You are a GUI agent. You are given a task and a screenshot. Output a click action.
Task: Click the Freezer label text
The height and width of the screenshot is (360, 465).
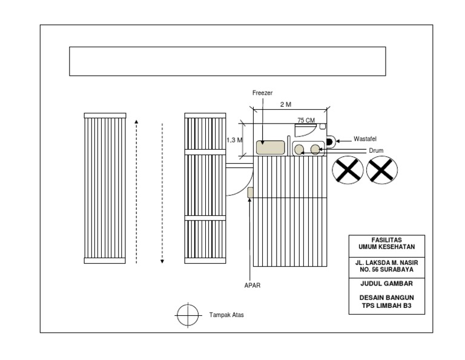pyautogui.click(x=262, y=93)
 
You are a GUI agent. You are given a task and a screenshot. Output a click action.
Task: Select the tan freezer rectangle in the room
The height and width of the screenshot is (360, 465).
pyautogui.click(x=271, y=147)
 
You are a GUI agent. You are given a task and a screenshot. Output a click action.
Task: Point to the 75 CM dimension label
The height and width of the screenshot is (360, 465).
pyautogui.click(x=306, y=120)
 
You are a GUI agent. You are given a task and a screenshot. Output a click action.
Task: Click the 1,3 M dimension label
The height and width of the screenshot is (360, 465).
pyautogui.click(x=234, y=140)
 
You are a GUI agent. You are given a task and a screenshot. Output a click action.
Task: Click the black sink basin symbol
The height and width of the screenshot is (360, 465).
pyautogui.click(x=330, y=141)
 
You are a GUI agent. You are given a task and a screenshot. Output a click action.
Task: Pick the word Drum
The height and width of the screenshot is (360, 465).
pyautogui.click(x=376, y=150)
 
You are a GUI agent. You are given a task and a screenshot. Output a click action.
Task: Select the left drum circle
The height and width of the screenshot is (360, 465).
pyautogui.click(x=299, y=149)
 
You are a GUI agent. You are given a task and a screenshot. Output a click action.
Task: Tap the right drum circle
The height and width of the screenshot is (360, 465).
pyautogui.click(x=315, y=149)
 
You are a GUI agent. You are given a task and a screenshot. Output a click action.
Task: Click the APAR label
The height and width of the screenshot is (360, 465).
pyautogui.click(x=252, y=285)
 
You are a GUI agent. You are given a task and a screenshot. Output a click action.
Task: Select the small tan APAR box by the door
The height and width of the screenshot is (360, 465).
pyautogui.click(x=249, y=192)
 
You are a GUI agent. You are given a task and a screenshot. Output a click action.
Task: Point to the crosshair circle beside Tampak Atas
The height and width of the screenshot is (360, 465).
pyautogui.click(x=188, y=315)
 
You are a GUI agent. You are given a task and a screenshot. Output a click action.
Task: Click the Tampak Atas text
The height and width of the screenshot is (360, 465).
pyautogui.click(x=226, y=315)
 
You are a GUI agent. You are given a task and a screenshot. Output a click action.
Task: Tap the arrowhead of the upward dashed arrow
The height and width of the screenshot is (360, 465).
pyautogui.click(x=136, y=122)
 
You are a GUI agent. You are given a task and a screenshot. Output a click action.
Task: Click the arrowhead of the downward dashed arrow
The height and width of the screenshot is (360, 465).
pyautogui.click(x=162, y=261)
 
